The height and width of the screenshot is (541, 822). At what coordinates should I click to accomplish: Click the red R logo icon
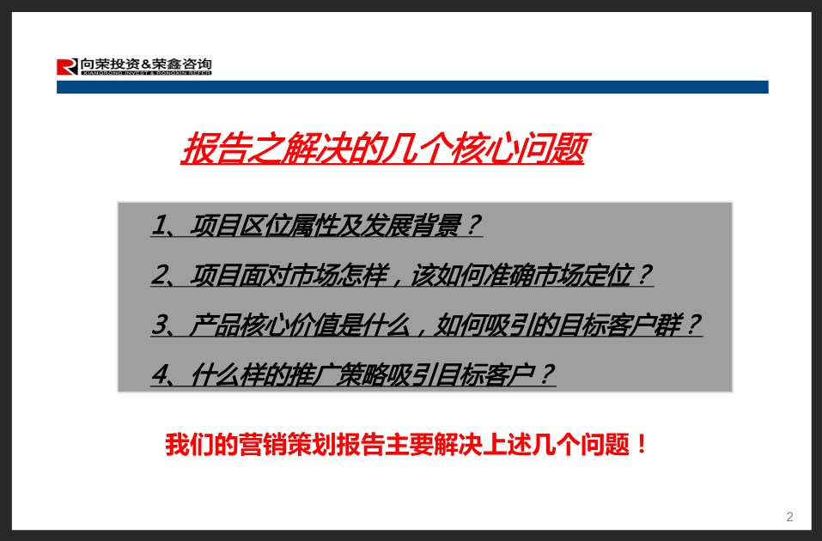pyautogui.click(x=67, y=67)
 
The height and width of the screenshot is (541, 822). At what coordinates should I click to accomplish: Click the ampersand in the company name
pyautogui.click(x=146, y=64)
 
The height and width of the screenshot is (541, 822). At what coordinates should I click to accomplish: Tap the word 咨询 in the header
pyautogui.click(x=198, y=64)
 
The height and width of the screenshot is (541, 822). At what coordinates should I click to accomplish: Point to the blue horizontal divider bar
pyautogui.click(x=412, y=87)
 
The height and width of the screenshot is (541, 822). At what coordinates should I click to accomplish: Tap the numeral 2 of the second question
pyautogui.click(x=159, y=275)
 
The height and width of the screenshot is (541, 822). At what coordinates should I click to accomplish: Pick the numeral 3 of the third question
pyautogui.click(x=160, y=325)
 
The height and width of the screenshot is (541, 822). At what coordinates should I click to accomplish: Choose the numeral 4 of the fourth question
pyautogui.click(x=160, y=374)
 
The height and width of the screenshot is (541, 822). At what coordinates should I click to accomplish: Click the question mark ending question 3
pyautogui.click(x=692, y=325)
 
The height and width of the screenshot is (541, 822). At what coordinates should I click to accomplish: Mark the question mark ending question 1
pyautogui.click(x=472, y=225)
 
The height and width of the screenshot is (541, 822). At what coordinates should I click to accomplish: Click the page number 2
pyautogui.click(x=789, y=517)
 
